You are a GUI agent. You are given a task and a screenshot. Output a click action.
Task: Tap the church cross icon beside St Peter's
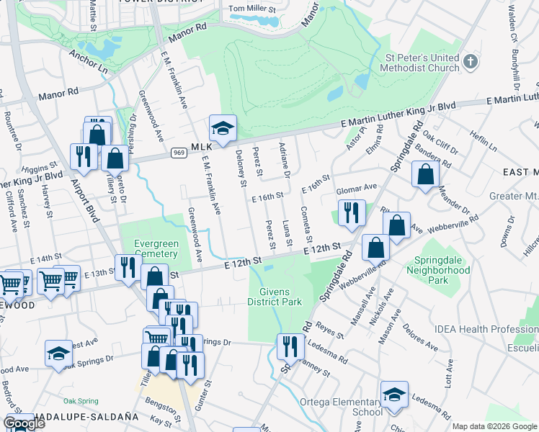[x=471, y=61]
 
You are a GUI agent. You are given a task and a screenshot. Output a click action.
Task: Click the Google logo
[x=24, y=423]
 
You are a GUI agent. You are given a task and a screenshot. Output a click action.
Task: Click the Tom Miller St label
[x=252, y=9]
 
